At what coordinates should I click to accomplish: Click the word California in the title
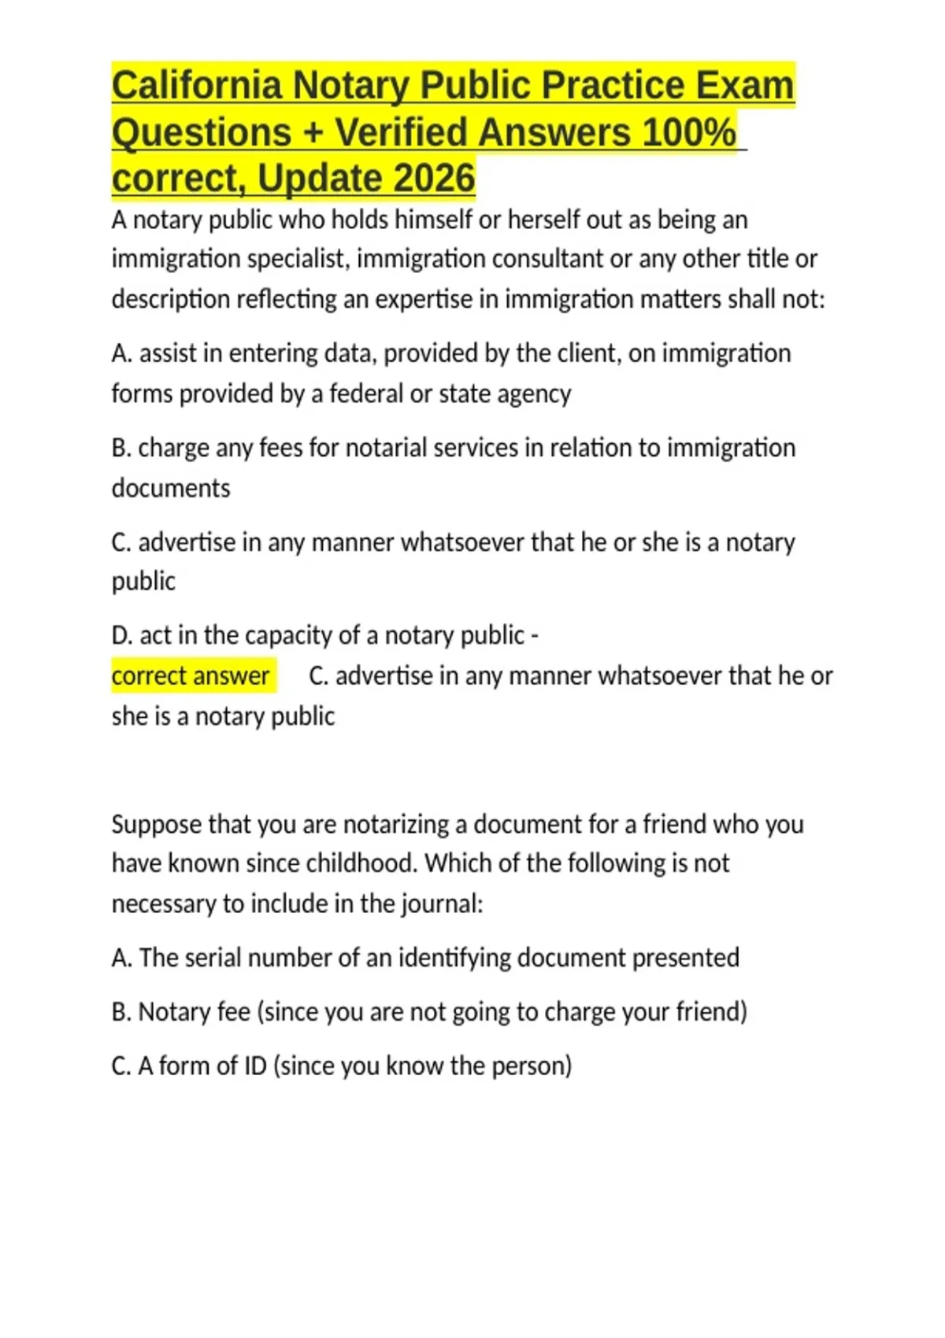(x=197, y=85)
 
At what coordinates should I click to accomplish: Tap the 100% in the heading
(x=688, y=131)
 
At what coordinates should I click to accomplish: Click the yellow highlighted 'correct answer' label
(x=191, y=675)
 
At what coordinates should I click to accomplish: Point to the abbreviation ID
(x=254, y=1066)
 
